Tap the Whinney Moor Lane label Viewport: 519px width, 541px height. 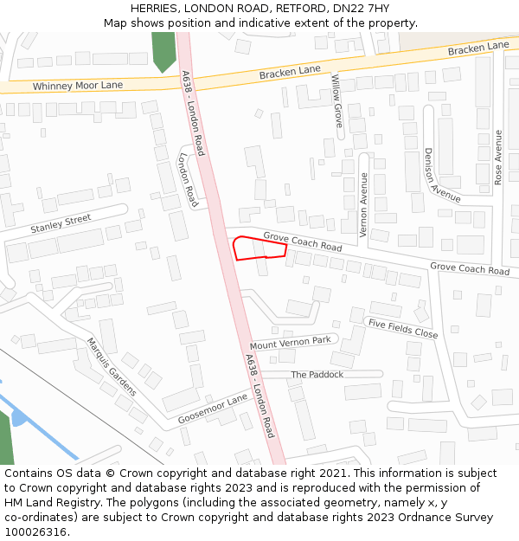78,86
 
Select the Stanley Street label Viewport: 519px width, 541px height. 61,225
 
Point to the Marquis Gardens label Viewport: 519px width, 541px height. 111,366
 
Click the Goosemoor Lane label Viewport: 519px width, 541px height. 213,409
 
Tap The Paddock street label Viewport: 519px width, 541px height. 317,375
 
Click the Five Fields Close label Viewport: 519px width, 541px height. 402,328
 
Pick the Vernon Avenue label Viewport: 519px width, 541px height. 364,205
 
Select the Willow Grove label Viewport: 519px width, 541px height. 337,101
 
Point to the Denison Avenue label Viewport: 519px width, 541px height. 441,175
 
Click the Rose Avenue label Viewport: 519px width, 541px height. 498,158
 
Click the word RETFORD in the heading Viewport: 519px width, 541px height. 300,8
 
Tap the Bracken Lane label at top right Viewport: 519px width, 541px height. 478,48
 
